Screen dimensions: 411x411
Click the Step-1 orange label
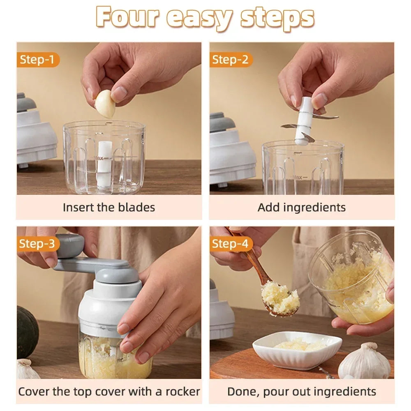click(x=38, y=60)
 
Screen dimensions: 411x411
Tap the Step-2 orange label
click(x=231, y=60)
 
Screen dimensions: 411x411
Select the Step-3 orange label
click(x=38, y=244)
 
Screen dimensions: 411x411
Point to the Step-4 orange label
click(x=231, y=244)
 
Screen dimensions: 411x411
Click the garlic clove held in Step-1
click(x=105, y=104)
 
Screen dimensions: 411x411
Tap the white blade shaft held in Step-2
click(x=304, y=120)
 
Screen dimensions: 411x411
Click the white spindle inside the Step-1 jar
click(x=104, y=164)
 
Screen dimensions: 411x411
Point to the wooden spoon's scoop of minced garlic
click(x=280, y=298)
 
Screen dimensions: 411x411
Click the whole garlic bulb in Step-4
click(x=364, y=361)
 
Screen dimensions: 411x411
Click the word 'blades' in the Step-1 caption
click(x=136, y=207)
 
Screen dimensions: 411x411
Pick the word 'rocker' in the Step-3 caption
click(x=183, y=392)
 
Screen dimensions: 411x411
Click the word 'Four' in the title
click(x=127, y=17)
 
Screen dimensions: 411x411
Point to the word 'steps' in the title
click(x=277, y=19)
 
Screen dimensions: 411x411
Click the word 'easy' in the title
click(x=200, y=19)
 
